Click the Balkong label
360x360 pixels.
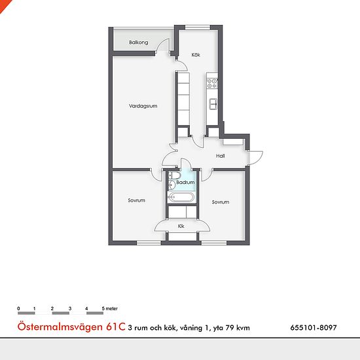[x=139, y=43]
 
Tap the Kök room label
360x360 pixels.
[x=196, y=55]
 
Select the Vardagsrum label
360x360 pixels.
[x=143, y=106]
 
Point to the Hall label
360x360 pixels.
[x=220, y=156]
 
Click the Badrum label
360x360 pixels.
[x=185, y=183]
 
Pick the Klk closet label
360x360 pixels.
[x=181, y=226]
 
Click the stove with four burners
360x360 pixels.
[x=212, y=83]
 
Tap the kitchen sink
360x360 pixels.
[x=213, y=104]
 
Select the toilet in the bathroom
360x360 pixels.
[x=175, y=176]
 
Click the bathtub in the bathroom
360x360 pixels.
[x=181, y=198]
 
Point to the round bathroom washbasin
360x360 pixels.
[x=171, y=185]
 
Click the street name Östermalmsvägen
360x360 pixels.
[x=60, y=327]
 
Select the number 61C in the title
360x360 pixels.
[x=115, y=327]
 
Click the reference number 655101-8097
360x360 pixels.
[x=314, y=327]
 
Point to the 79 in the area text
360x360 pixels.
[x=229, y=328]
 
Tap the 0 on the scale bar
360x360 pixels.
[x=18, y=308]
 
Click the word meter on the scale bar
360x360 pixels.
[x=111, y=308]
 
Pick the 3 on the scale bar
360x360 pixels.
[x=70, y=308]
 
